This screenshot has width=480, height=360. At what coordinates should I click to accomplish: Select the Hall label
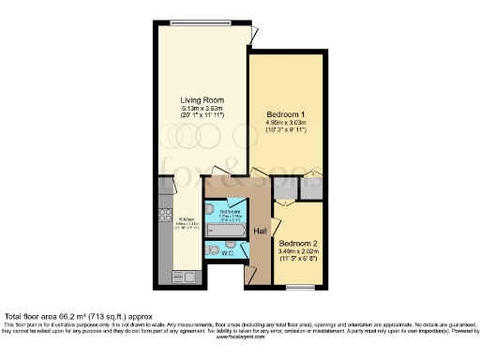262,230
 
